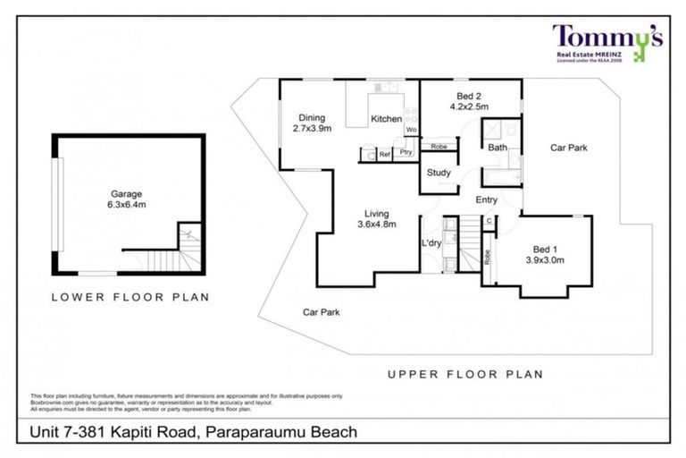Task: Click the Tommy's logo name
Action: pyautogui.click(x=607, y=38)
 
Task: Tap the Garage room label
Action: pyautogui.click(x=127, y=193)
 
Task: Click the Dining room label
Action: pyautogui.click(x=312, y=117)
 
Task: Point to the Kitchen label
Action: pyautogui.click(x=386, y=119)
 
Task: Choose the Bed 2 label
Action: pyautogui.click(x=468, y=95)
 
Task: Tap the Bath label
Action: pyautogui.click(x=498, y=148)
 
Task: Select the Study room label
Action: pyautogui.click(x=438, y=173)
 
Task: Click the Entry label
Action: pyautogui.click(x=486, y=199)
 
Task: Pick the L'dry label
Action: pyautogui.click(x=432, y=242)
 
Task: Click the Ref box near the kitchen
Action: pyautogui.click(x=385, y=155)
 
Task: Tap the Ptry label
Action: pyautogui.click(x=406, y=154)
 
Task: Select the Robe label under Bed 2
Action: pyautogui.click(x=439, y=147)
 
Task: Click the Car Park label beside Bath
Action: pyautogui.click(x=568, y=148)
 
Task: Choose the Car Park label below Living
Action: pyautogui.click(x=320, y=312)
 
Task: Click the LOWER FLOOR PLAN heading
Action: pyautogui.click(x=130, y=297)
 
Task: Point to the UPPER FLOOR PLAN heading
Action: pyautogui.click(x=464, y=374)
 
